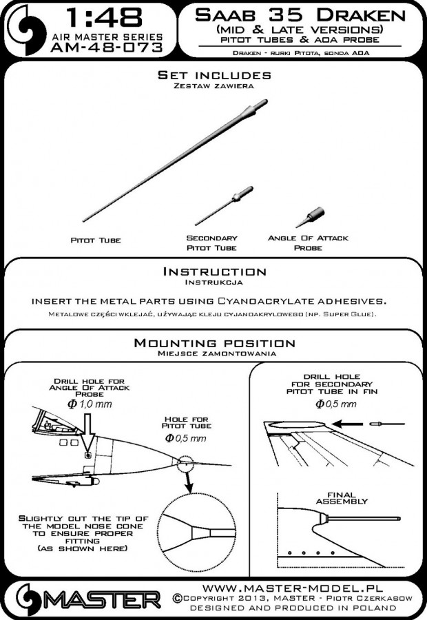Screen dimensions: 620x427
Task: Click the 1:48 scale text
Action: click(107, 17)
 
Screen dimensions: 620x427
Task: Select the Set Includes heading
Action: click(213, 74)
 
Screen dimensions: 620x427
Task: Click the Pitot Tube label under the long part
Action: click(96, 240)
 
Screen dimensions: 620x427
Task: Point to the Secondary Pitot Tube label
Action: click(211, 242)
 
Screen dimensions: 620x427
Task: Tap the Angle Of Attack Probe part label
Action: click(307, 242)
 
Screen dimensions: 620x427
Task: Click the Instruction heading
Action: click(213, 272)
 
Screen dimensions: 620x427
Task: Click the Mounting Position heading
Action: click(213, 342)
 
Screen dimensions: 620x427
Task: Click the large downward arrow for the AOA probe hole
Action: click(87, 433)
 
